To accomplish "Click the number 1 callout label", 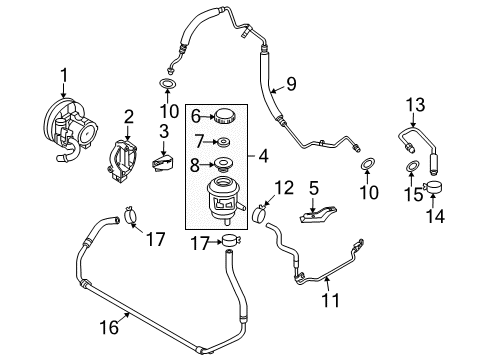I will coord(65,73).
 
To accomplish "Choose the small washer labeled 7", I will coord(221,140).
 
